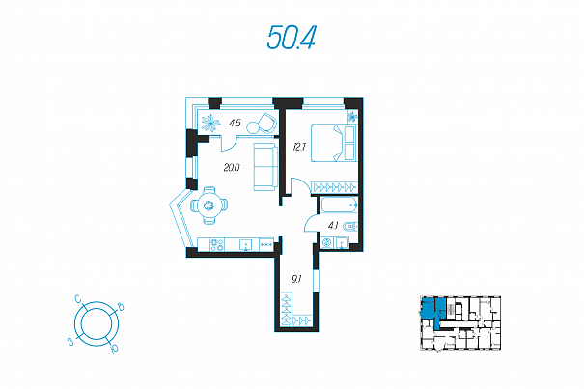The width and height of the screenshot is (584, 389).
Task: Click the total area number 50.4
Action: [x=292, y=38]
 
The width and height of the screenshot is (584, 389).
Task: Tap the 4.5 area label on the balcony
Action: [x=235, y=123]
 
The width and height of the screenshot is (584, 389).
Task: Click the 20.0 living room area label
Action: [x=232, y=168]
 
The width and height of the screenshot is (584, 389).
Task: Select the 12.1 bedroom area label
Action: [x=299, y=147]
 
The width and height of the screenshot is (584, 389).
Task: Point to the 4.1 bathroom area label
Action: [x=333, y=225]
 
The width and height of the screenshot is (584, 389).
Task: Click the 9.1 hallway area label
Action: [x=296, y=279]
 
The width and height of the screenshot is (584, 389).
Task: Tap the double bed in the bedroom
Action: [x=334, y=143]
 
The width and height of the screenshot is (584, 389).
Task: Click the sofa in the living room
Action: [x=265, y=167]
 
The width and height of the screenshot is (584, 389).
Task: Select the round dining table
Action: [x=209, y=206]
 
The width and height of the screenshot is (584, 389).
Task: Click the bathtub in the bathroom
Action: [x=339, y=206]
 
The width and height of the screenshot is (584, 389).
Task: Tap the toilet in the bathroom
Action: [x=350, y=226]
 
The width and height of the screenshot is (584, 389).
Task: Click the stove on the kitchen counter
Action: [x=217, y=244]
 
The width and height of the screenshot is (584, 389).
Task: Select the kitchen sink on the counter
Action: [x=246, y=245]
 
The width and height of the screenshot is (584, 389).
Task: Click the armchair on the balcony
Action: [x=267, y=123]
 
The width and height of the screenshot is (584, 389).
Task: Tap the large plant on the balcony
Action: [x=210, y=123]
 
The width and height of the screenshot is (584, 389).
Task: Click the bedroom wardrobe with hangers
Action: [x=334, y=186]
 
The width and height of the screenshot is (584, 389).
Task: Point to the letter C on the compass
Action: [x=78, y=299]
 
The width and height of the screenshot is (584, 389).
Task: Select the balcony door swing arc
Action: [x=228, y=147]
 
